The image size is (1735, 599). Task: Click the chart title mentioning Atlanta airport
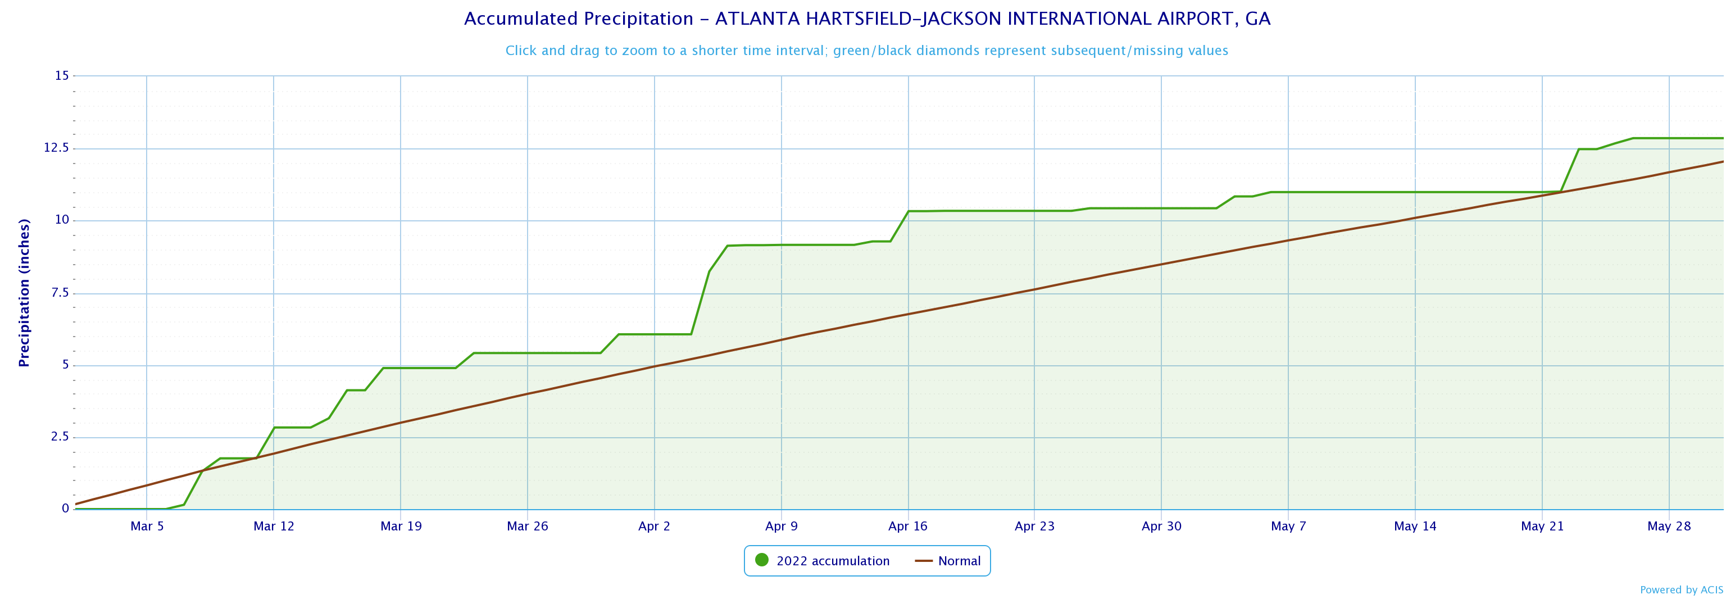[x=867, y=19]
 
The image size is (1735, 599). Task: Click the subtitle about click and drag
[x=867, y=51]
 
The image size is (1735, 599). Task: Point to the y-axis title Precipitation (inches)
[x=24, y=293]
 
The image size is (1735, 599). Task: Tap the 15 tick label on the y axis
[x=62, y=76]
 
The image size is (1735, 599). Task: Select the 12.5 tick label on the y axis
[x=57, y=148]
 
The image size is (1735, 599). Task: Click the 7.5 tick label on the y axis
[x=60, y=293]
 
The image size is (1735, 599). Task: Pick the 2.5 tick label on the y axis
[x=60, y=437]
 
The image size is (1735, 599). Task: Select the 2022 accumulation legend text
[x=833, y=561]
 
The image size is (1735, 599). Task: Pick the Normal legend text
[x=959, y=561]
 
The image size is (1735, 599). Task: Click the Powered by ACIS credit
[x=1681, y=590]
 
